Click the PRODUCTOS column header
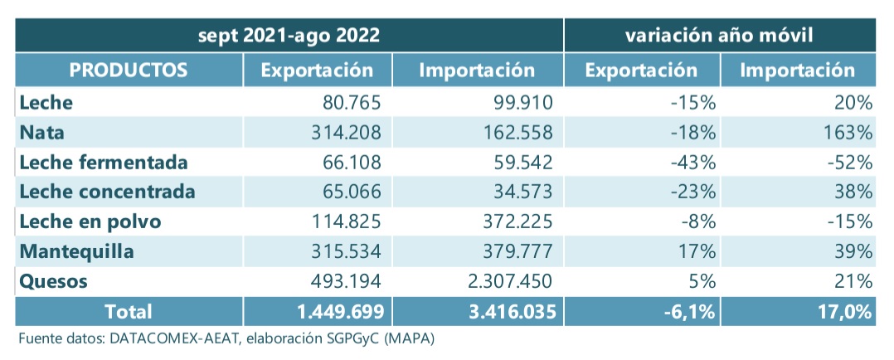point(129,70)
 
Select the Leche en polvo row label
point(90,221)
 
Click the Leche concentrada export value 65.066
point(352,192)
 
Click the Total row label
point(128,312)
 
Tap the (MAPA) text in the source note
point(406,339)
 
